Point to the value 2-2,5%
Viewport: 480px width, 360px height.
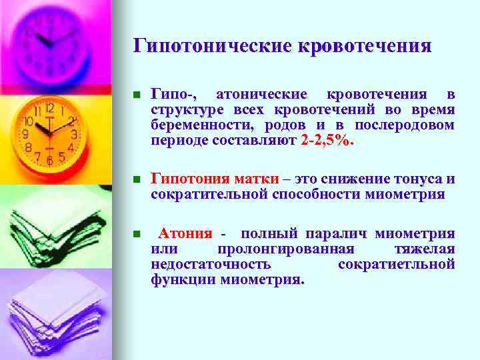328,141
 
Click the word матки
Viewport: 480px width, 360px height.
256,179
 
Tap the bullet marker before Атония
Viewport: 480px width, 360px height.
137,234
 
